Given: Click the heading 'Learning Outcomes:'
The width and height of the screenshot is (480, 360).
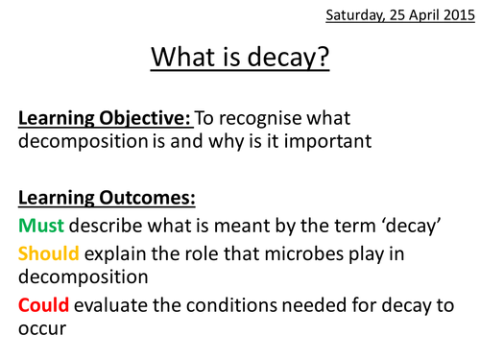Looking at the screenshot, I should coord(105,200).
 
